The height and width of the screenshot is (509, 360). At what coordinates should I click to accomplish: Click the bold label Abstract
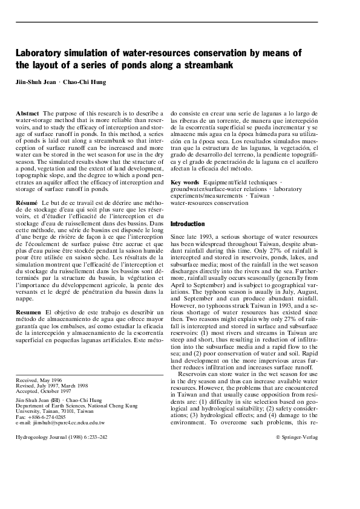pos(27,114)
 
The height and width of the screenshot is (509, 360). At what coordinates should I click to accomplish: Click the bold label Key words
pos(185,182)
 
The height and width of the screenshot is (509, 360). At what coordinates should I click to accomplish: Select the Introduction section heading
pos(188,224)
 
